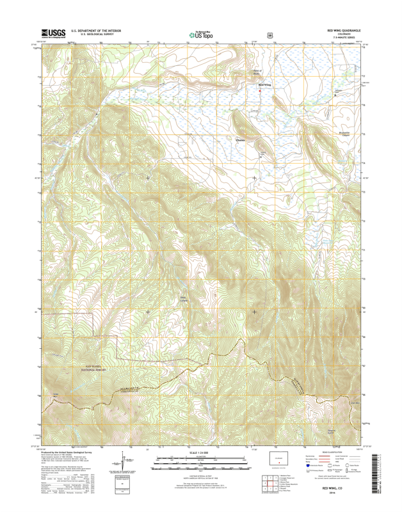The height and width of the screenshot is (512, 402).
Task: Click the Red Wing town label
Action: tap(264, 84)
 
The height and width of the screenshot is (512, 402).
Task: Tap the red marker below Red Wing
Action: tap(260, 90)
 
